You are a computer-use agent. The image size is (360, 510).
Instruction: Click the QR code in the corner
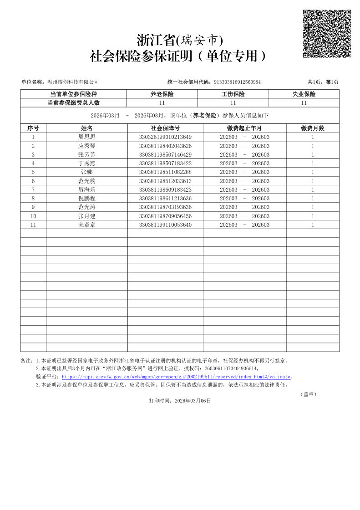327,34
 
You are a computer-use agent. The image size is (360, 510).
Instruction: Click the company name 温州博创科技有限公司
73,82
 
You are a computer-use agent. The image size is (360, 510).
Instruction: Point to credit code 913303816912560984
237,82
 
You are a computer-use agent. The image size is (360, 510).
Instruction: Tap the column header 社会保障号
165,128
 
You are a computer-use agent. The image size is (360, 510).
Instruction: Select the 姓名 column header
87,128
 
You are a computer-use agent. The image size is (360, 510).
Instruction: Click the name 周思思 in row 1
87,137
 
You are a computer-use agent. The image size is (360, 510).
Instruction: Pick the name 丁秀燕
87,163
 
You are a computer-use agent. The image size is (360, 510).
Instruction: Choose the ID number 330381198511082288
165,172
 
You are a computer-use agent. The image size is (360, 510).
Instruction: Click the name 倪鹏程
87,199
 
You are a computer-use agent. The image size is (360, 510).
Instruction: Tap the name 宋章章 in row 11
87,225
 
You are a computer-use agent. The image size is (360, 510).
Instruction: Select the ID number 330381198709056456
165,216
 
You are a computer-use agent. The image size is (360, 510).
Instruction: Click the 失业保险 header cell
304,94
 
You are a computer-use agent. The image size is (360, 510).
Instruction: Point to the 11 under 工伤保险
233,103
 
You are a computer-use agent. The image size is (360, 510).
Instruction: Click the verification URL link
176,377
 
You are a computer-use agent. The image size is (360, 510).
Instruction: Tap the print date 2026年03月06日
193,401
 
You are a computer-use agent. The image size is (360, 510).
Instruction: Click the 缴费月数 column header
313,128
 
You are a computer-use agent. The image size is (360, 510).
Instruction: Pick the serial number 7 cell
33,190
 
